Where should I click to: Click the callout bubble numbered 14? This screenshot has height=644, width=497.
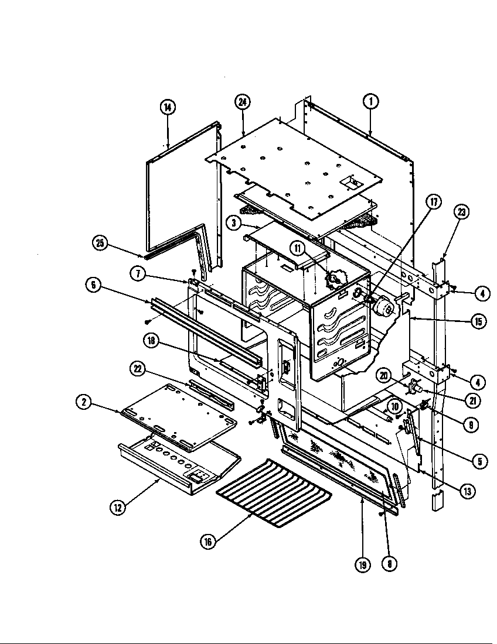click(x=168, y=107)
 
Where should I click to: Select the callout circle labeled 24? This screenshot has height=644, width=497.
click(x=243, y=102)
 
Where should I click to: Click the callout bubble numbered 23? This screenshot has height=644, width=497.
click(x=463, y=213)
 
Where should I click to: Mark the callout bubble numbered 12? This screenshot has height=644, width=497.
click(x=118, y=508)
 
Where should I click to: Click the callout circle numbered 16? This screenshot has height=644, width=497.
click(x=207, y=542)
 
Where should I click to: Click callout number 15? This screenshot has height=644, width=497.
click(x=478, y=321)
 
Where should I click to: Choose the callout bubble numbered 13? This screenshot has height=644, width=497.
click(x=467, y=491)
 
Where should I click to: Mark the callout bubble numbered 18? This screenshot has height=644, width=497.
click(x=152, y=342)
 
